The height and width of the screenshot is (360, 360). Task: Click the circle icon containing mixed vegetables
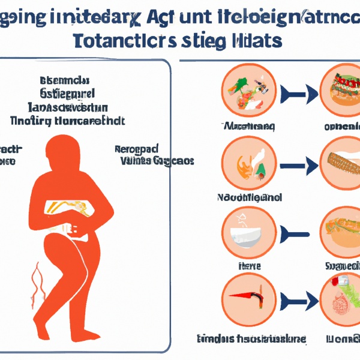click(247, 92)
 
